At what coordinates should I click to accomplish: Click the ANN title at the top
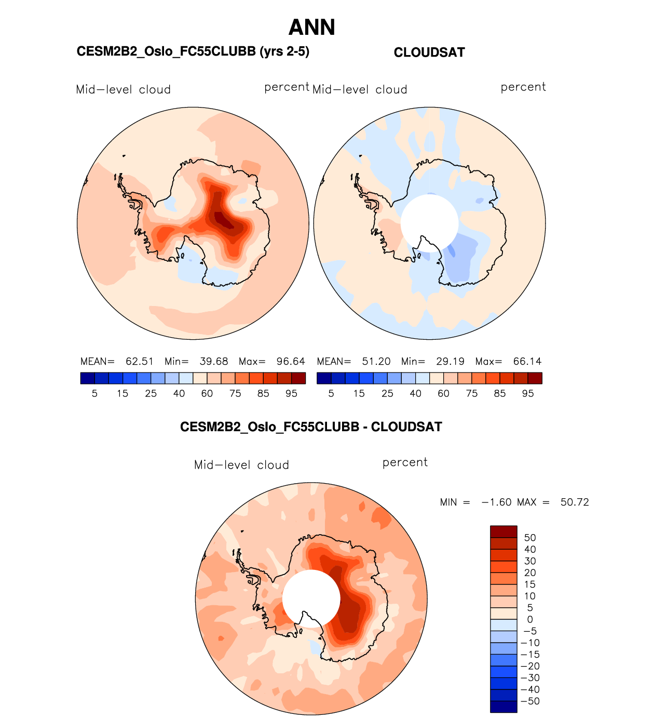(312, 28)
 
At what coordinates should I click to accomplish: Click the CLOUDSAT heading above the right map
(429, 52)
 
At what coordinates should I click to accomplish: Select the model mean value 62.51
(140, 362)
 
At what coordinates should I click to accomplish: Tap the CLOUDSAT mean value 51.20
(376, 362)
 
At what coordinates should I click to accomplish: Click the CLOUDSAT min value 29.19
(451, 362)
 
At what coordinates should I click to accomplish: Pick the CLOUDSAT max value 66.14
(527, 362)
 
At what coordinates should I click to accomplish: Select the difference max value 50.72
(575, 502)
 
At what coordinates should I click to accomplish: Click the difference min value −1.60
(496, 502)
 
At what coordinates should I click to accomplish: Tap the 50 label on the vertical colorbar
(530, 538)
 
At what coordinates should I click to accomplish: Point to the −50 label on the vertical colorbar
(530, 701)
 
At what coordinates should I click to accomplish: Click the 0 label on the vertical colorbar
(530, 619)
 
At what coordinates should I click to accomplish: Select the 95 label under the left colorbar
(292, 394)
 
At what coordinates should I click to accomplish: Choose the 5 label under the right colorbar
(331, 394)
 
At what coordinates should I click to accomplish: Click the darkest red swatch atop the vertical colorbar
(503, 531)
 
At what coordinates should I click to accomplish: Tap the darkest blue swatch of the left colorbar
(88, 378)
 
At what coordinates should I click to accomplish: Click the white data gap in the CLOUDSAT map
(429, 222)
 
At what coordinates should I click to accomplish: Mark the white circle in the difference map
(311, 599)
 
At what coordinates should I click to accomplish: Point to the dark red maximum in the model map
(223, 220)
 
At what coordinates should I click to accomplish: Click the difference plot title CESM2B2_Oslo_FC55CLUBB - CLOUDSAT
(311, 427)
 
